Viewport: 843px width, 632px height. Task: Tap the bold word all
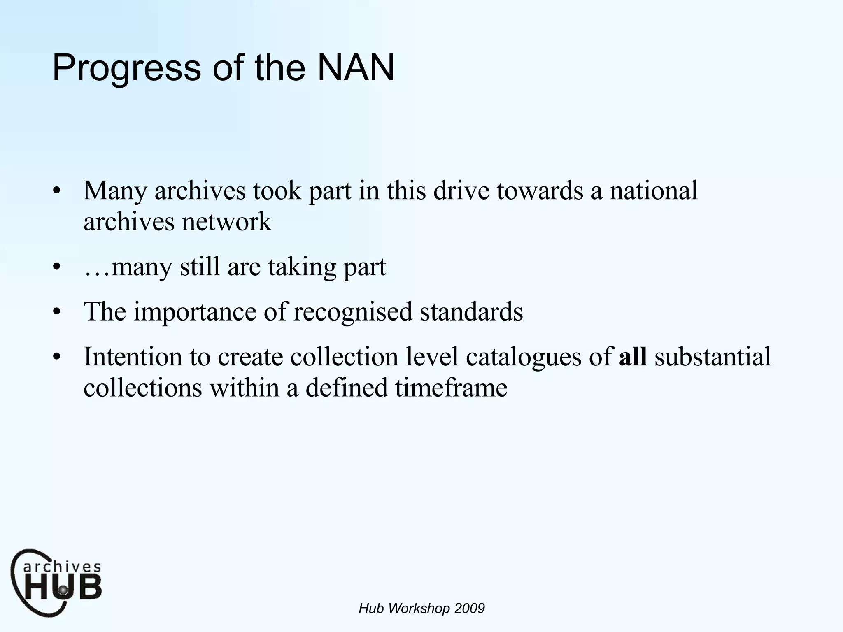click(x=633, y=356)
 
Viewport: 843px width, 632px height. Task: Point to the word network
click(x=227, y=222)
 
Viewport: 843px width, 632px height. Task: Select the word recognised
click(x=352, y=311)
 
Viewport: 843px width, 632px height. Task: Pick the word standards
click(x=471, y=311)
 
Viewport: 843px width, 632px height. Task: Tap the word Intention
click(x=133, y=356)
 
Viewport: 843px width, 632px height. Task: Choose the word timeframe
click(x=451, y=388)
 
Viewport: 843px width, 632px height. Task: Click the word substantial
click(x=713, y=356)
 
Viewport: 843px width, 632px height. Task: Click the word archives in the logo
click(x=62, y=567)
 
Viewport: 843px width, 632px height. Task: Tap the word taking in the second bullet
click(x=302, y=267)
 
